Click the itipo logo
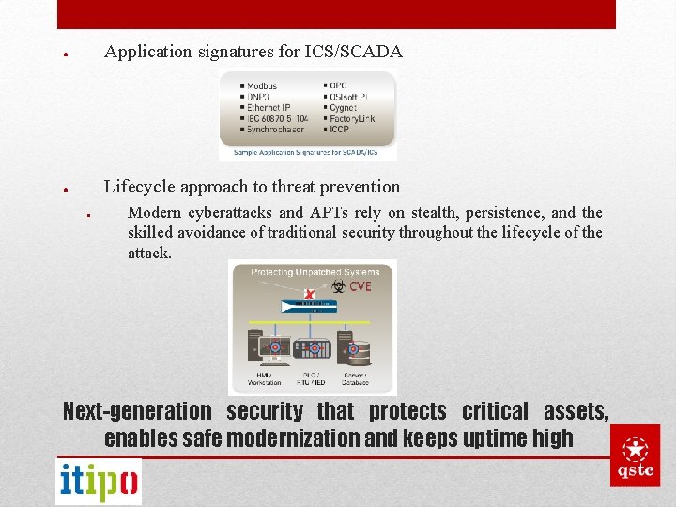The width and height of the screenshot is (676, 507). point(99,482)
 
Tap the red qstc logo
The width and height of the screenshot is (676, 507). point(635,455)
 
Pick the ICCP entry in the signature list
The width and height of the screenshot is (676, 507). point(339,130)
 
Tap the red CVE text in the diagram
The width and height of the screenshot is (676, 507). point(361,286)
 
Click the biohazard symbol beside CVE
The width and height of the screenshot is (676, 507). point(339,286)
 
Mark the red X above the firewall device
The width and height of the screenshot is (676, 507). point(310,295)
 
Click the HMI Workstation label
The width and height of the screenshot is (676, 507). point(265,378)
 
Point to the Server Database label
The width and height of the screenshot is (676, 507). point(354,378)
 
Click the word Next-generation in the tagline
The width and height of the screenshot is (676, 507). point(137,411)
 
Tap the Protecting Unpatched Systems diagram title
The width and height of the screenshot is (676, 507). point(315,272)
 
